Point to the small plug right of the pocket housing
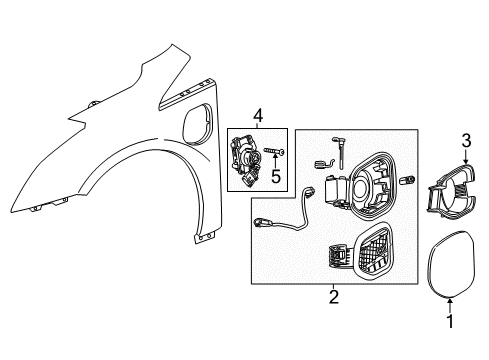[x=409, y=181]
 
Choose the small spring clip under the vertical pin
[x=323, y=161]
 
